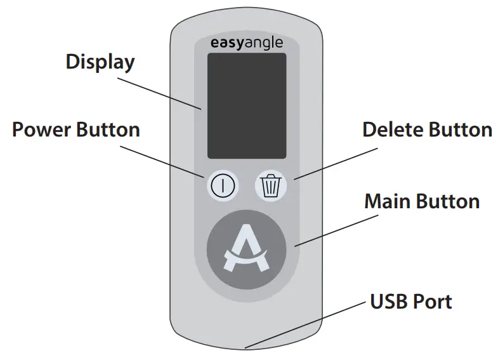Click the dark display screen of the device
click(x=246, y=105)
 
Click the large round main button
click(x=247, y=250)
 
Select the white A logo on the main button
click(x=247, y=251)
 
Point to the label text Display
click(x=100, y=62)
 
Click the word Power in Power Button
click(x=42, y=130)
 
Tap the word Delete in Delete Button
click(x=393, y=130)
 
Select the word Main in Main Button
click(x=388, y=201)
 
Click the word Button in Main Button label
click(x=448, y=201)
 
